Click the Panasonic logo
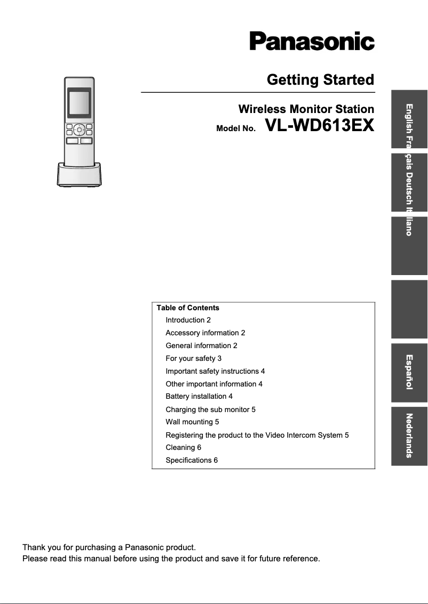click(x=312, y=42)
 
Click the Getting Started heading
click(x=320, y=80)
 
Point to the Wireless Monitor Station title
click(x=306, y=109)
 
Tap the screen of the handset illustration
click(x=79, y=103)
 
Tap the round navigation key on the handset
click(x=79, y=129)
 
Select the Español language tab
click(x=409, y=373)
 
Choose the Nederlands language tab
click(x=409, y=436)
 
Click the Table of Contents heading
click(x=188, y=308)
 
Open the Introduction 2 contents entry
click(x=188, y=320)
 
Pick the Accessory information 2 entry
click(x=205, y=333)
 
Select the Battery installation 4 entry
click(x=199, y=397)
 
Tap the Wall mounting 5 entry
click(x=192, y=422)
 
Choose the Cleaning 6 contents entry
click(x=183, y=448)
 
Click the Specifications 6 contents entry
click(x=192, y=461)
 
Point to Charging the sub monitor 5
click(x=210, y=410)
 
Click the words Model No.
click(x=236, y=129)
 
